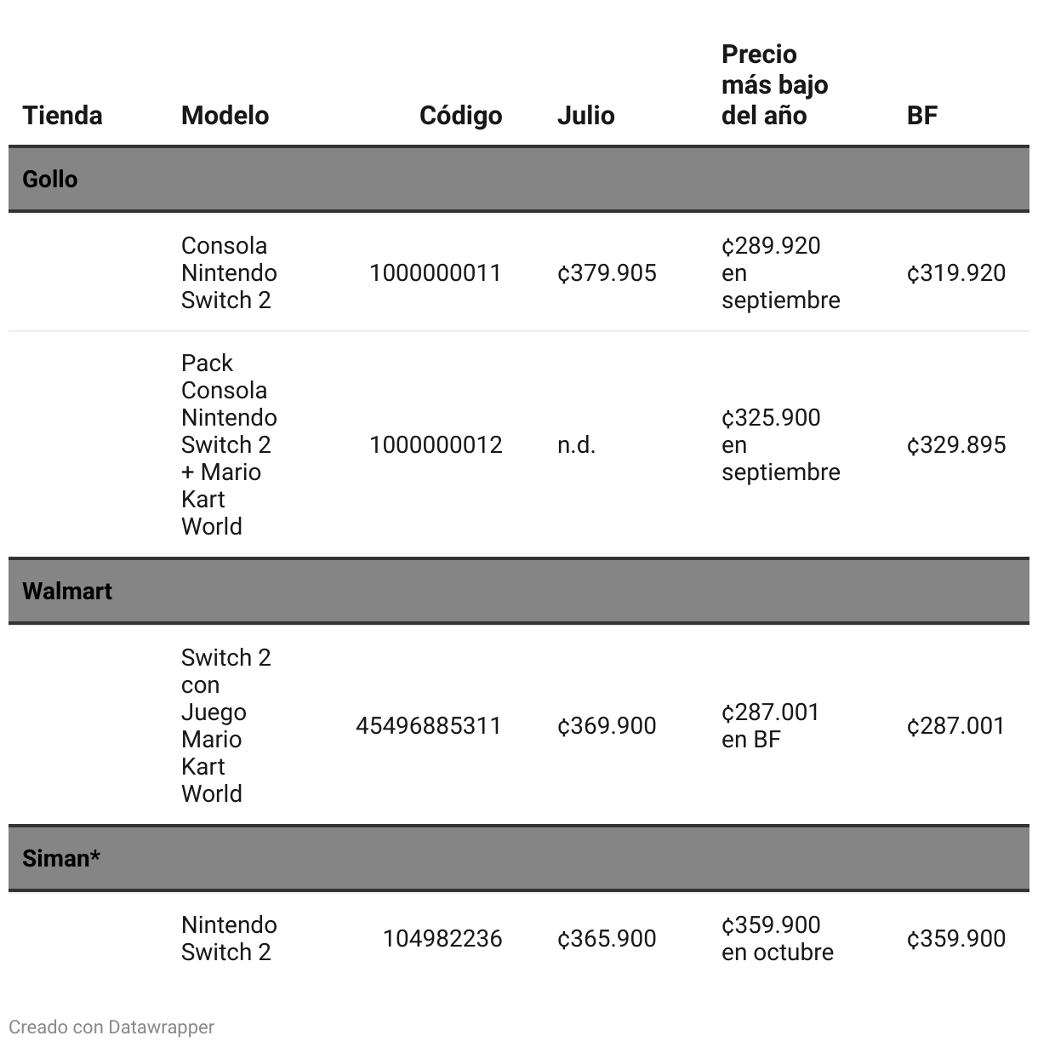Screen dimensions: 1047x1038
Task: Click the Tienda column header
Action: [62, 116]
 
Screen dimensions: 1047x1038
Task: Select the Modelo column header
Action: [225, 116]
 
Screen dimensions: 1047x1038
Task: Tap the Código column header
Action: [460, 116]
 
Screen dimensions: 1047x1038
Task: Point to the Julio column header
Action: [585, 116]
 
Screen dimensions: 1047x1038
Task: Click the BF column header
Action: [921, 116]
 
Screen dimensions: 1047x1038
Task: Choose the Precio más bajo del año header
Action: [774, 85]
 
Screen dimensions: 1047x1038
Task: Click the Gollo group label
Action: [50, 180]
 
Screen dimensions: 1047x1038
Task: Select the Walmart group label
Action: [67, 592]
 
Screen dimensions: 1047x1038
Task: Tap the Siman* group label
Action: [61, 858]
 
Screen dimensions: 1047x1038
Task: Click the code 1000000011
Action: [436, 273]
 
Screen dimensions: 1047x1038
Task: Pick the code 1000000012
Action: [436, 445]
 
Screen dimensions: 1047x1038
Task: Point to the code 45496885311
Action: [429, 726]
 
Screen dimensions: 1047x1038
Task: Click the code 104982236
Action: [442, 939]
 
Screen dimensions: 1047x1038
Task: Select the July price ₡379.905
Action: [607, 273]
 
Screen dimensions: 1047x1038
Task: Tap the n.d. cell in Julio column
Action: [576, 445]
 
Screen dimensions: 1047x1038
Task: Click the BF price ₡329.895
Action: [956, 445]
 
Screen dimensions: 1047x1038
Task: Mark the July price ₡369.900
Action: [607, 726]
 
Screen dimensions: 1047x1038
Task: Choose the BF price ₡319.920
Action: [956, 273]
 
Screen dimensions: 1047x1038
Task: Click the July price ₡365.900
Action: [607, 939]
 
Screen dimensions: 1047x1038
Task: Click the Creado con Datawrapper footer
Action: [111, 1027]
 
